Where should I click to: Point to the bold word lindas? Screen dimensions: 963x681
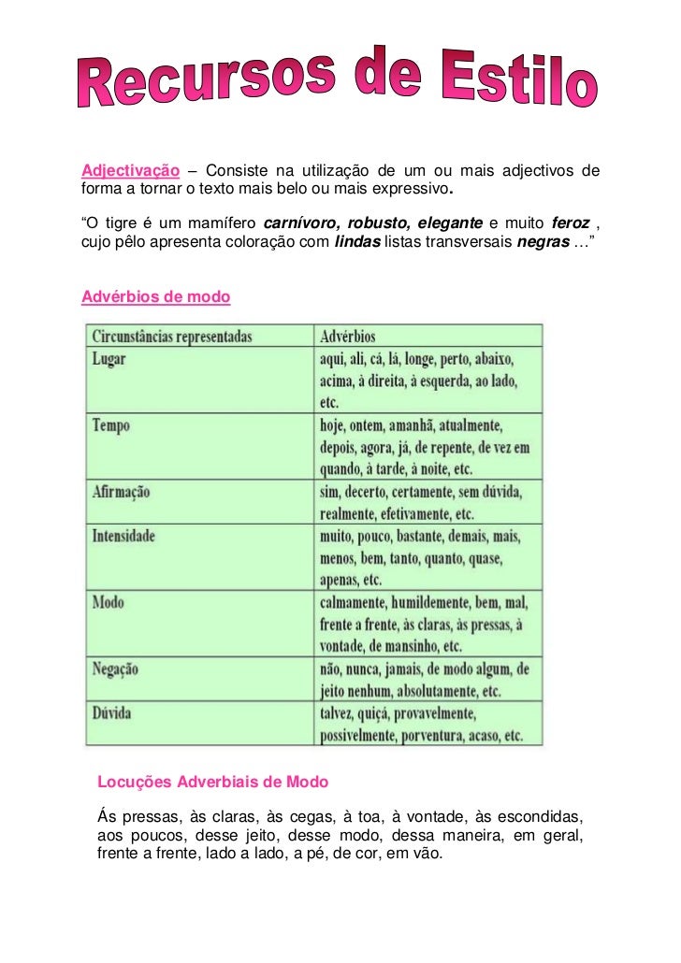(x=356, y=242)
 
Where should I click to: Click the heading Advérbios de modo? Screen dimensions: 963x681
(x=156, y=297)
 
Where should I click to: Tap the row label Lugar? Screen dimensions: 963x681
(x=109, y=358)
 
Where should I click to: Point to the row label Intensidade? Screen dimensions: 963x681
(x=124, y=537)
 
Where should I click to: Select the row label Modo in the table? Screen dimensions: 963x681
(x=109, y=603)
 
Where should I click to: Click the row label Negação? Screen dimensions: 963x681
(x=116, y=669)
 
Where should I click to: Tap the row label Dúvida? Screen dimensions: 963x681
(x=112, y=714)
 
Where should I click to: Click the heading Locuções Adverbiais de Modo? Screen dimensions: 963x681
(x=213, y=780)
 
